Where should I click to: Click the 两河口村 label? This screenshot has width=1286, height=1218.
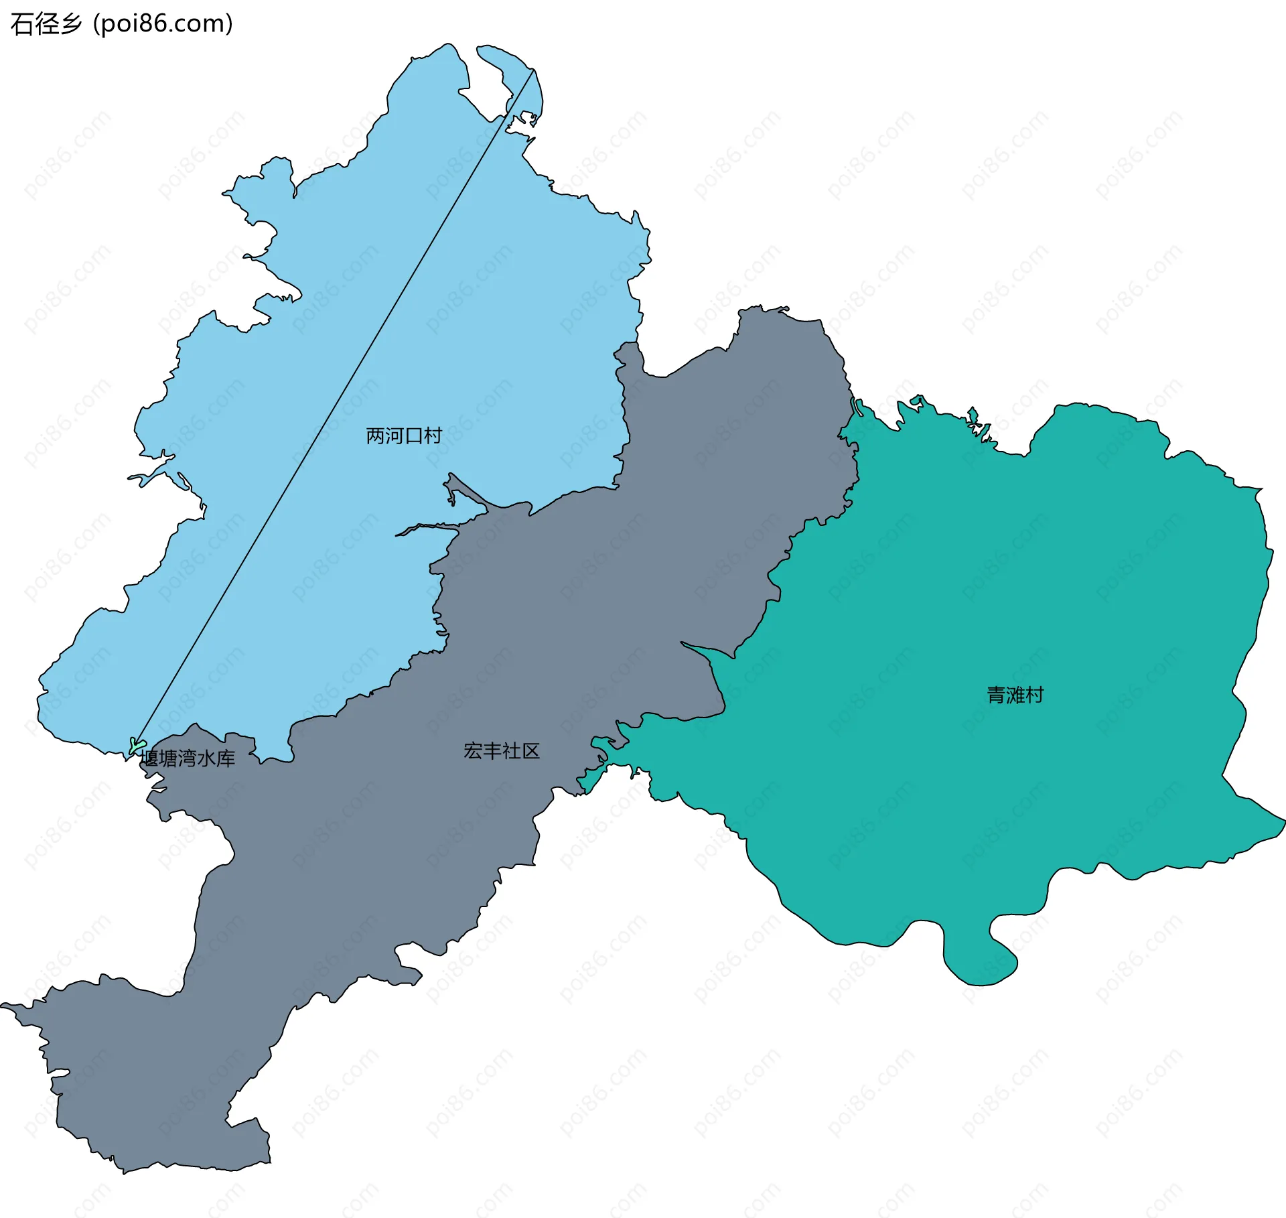tap(403, 436)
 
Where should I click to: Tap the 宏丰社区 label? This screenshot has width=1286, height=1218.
tap(501, 751)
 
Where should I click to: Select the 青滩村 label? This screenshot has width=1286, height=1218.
tap(1015, 695)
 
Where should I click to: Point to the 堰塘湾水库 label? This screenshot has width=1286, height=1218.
tap(188, 758)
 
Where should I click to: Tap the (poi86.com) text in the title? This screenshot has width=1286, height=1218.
tap(163, 23)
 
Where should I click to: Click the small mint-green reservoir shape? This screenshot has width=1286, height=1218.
tap(137, 745)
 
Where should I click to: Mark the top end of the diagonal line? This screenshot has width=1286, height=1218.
tap(534, 70)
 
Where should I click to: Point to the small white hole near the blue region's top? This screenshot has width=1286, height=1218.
tap(520, 123)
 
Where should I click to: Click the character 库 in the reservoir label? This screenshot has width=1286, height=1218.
tap(226, 758)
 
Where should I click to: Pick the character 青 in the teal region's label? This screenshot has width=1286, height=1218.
tap(996, 695)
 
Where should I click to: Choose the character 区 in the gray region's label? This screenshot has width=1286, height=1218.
tap(530, 751)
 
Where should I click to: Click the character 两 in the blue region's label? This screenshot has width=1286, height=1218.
tap(375, 436)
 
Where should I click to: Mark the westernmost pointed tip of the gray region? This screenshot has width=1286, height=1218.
tap(3, 1005)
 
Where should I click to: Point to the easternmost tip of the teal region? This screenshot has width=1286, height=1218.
tap(1283, 821)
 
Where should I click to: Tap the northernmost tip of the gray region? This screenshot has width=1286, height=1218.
tap(761, 308)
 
